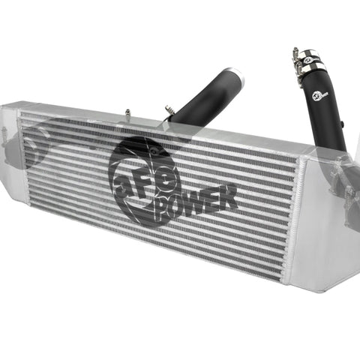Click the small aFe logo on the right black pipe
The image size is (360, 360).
point(319,96)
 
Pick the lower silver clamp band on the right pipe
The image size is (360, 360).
point(314,67)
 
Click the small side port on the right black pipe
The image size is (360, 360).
point(343,124)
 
